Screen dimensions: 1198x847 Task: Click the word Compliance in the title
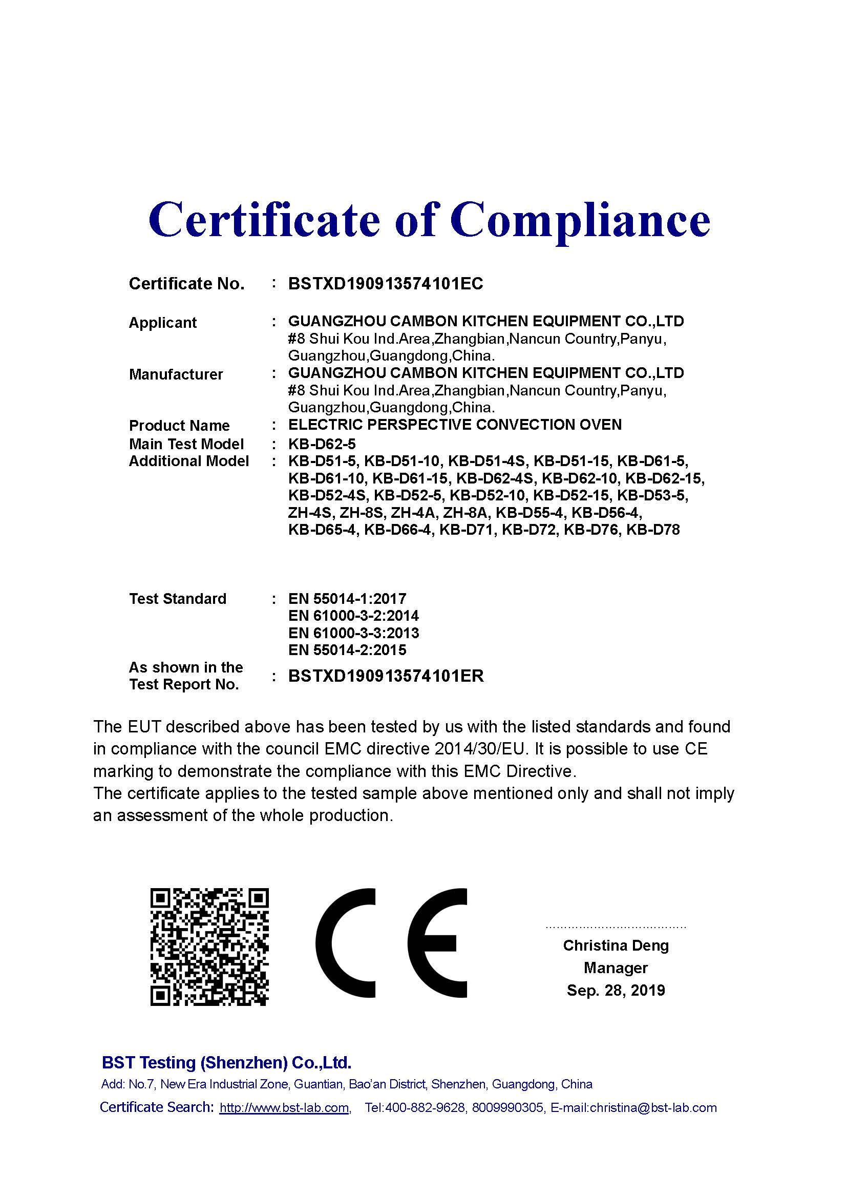[x=580, y=219]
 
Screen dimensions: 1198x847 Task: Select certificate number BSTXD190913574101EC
[x=386, y=284]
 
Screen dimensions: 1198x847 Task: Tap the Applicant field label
[x=163, y=323]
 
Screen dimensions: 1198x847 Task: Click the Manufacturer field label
[x=176, y=374]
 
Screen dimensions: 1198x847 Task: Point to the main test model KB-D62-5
[x=322, y=444]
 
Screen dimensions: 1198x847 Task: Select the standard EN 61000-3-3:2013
[x=353, y=633]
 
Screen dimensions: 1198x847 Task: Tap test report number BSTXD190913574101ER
[x=386, y=676]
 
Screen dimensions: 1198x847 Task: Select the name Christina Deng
[x=616, y=945]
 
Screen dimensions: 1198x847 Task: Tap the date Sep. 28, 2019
[x=616, y=991]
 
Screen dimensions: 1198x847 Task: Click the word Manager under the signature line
[x=616, y=968]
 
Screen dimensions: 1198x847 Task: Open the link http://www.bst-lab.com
[x=284, y=1108]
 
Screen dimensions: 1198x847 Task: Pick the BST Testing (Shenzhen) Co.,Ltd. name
[x=226, y=1062]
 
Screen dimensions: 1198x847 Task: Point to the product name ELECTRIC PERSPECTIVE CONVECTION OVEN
[x=455, y=425]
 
